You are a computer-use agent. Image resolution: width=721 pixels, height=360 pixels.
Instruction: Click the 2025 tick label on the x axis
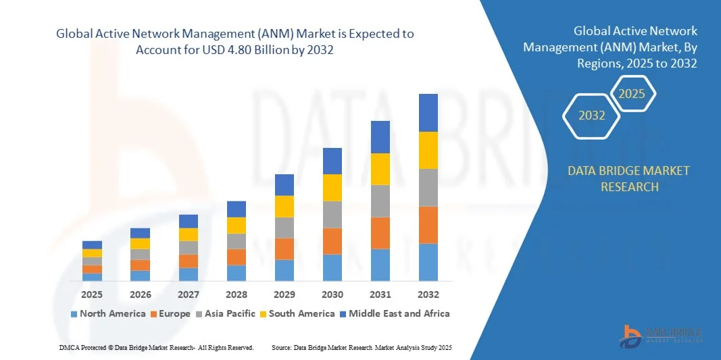(92, 294)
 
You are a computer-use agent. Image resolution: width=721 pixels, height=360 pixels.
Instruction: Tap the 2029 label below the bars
(284, 294)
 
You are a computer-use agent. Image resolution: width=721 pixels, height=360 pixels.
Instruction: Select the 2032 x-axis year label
(428, 294)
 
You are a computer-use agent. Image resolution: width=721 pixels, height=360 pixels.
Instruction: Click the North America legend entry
(108, 313)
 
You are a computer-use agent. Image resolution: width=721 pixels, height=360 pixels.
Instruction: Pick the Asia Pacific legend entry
(227, 313)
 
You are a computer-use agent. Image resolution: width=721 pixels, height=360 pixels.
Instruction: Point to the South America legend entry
(297, 313)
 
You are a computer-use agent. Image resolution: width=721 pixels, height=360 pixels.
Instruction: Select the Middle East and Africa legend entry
(394, 313)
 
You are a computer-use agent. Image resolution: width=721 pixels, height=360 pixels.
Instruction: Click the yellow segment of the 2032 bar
(428, 150)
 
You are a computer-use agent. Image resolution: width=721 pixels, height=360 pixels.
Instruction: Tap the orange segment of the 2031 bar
(380, 233)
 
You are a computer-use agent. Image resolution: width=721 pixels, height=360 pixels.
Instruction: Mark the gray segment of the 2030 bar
(332, 214)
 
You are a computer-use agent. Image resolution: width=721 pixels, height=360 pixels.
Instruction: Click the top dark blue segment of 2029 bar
(284, 184)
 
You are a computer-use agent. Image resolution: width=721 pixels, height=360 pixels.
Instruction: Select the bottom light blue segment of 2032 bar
(428, 262)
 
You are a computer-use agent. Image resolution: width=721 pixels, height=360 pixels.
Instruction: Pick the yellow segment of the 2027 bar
(189, 234)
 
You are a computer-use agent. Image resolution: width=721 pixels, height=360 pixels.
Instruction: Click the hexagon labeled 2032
(592, 115)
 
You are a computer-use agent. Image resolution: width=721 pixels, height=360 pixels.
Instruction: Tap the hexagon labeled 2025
(632, 94)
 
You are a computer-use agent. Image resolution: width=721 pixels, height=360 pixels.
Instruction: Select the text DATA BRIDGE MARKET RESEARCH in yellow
(629, 178)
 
